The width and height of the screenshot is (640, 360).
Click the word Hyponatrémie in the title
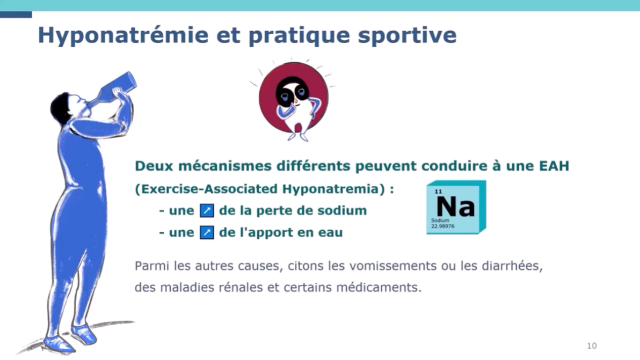pos(123,35)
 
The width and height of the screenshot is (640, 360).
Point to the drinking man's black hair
pos(61,108)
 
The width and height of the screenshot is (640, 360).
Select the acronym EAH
pos(554,166)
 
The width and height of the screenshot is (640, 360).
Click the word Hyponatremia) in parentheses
pos(333,189)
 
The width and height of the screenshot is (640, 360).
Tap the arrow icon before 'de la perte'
pos(207,210)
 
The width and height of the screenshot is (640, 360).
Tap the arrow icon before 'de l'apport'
pos(207,232)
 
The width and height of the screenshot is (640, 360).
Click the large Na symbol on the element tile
pos(455,207)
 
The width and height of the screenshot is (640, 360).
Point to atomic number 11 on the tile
pos(438,191)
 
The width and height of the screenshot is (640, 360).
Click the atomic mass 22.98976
pos(443,226)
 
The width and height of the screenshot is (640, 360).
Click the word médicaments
pos(379,288)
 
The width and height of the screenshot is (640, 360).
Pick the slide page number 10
pos(592,346)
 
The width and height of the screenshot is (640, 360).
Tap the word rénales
pos(241,288)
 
